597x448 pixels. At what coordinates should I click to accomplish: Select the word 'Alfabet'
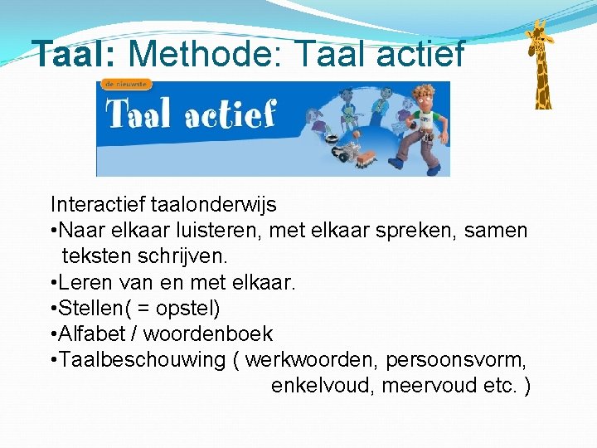pos(95,334)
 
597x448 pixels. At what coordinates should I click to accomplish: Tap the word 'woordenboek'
pos(207,334)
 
